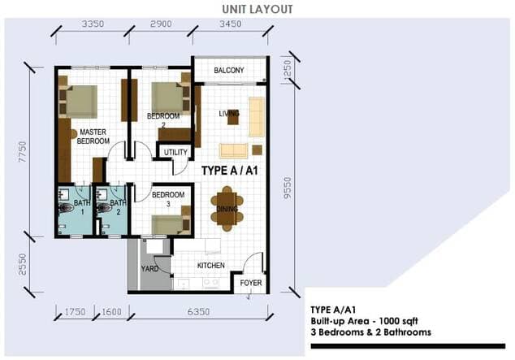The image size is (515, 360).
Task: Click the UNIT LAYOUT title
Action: pyautogui.click(x=257, y=9)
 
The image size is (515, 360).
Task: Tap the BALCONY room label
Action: pyautogui.click(x=229, y=70)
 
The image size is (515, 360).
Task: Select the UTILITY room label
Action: pyautogui.click(x=175, y=153)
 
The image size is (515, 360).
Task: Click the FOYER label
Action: pyautogui.click(x=251, y=283)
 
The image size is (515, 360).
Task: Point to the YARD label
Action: pyautogui.click(x=149, y=269)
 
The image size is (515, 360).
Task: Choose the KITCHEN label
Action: pyautogui.click(x=211, y=266)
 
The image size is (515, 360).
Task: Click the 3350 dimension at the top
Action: pyautogui.click(x=93, y=24)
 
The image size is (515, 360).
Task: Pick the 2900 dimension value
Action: pyautogui.click(x=161, y=24)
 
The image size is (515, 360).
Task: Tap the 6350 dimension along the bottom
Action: pyautogui.click(x=198, y=311)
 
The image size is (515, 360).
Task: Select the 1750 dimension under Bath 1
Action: pyautogui.click(x=75, y=311)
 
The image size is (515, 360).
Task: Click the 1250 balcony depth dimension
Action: pyautogui.click(x=287, y=69)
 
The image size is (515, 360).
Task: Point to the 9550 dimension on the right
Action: pyautogui.click(x=288, y=188)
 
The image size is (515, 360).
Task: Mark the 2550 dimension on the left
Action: pyautogui.click(x=22, y=264)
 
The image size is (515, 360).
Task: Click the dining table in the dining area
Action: pyautogui.click(x=227, y=209)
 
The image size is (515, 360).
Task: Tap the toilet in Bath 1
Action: pyautogui.click(x=66, y=207)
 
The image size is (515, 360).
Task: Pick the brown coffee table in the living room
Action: pyautogui.click(x=233, y=117)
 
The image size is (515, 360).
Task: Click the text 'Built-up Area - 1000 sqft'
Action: pyautogui.click(x=364, y=321)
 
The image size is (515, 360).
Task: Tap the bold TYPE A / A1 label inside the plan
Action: pyautogui.click(x=230, y=171)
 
